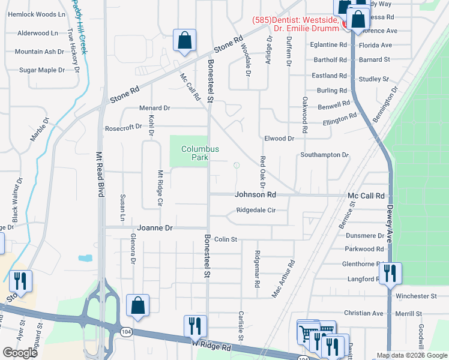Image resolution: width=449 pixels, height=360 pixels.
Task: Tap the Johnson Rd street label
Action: coord(255,195)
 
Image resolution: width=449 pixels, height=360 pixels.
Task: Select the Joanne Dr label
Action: coord(155,228)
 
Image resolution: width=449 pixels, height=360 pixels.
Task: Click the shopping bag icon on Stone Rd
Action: coord(184,40)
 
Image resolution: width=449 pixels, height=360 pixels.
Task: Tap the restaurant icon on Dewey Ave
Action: coord(390,274)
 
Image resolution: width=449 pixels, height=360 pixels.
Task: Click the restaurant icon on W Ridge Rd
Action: coord(195,326)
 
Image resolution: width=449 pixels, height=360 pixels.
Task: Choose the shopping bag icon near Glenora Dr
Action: coord(137,305)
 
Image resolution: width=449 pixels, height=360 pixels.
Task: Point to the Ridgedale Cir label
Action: coord(256,211)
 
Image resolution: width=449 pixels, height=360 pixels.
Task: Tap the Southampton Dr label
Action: coord(324,155)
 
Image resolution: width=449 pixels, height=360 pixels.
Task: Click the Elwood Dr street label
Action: coord(279,139)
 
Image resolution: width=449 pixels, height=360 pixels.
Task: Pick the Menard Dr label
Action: coord(155,108)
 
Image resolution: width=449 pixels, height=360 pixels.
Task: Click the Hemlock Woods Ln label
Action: coord(36,14)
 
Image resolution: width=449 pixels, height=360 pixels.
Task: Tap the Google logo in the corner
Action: coord(20,352)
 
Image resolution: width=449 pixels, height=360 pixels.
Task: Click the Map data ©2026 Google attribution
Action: coord(412,355)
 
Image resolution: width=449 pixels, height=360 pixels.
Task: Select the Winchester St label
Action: coord(415,296)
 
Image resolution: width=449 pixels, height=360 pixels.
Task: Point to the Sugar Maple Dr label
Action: coord(41,70)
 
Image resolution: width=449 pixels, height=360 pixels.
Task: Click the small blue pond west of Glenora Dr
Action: coord(85,258)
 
